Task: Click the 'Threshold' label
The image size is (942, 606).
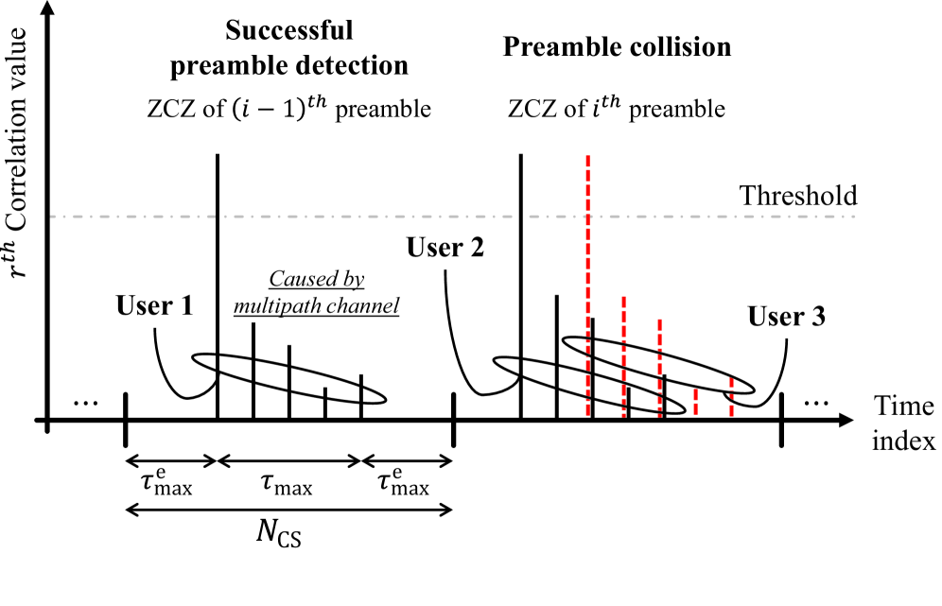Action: tap(797, 196)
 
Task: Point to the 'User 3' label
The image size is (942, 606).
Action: tap(787, 316)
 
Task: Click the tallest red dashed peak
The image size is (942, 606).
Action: tap(588, 284)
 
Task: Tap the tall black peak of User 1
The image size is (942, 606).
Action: tap(218, 284)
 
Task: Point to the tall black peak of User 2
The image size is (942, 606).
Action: tap(521, 284)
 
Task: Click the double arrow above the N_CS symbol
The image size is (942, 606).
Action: tap(288, 511)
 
